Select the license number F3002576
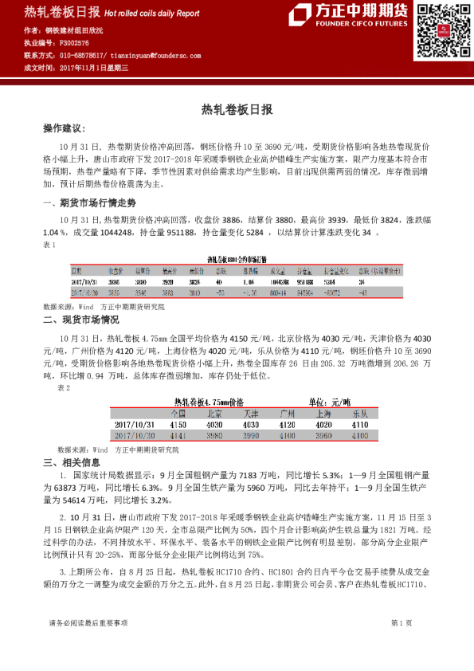(x=75, y=42)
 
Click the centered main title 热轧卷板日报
(x=237, y=109)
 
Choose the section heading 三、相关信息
(x=71, y=463)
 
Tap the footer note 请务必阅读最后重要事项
(x=88, y=645)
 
